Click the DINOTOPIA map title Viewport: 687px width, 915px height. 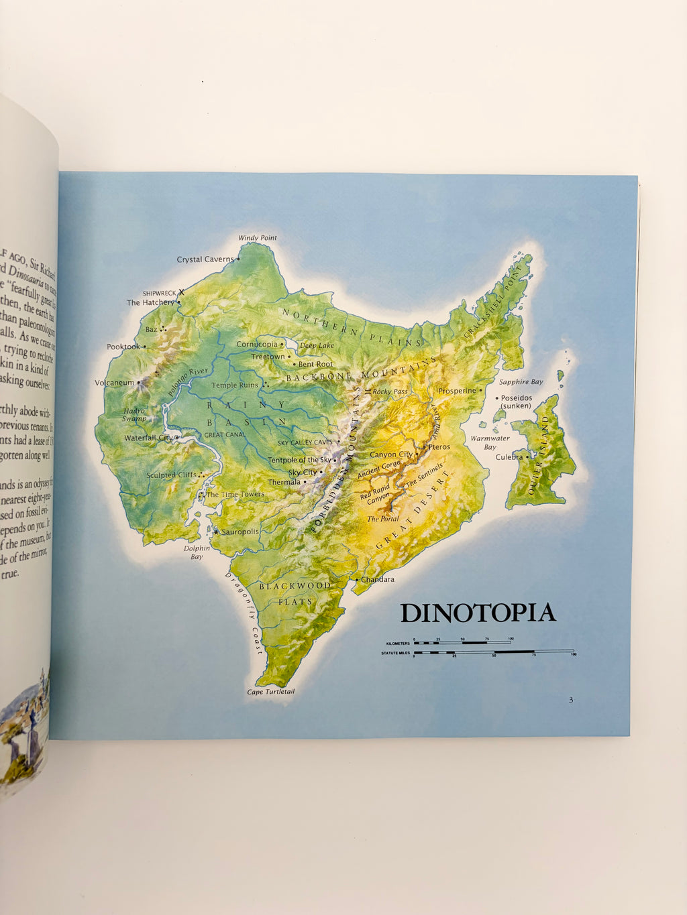pyautogui.click(x=478, y=613)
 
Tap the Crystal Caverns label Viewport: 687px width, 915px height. pyautogui.click(x=205, y=259)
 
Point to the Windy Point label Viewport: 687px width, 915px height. pyautogui.click(x=258, y=238)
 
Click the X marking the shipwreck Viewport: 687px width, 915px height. pyautogui.click(x=181, y=292)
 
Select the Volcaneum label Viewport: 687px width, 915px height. pyautogui.click(x=114, y=383)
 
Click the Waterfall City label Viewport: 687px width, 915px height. pyautogui.click(x=148, y=438)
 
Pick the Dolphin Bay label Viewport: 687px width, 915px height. pyautogui.click(x=197, y=552)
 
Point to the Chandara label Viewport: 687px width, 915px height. pyautogui.click(x=378, y=579)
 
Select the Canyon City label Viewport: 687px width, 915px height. pyautogui.click(x=391, y=454)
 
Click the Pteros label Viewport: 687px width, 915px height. pyautogui.click(x=439, y=446)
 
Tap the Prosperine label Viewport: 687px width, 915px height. pyautogui.click(x=457, y=390)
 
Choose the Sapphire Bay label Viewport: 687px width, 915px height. pyautogui.click(x=521, y=381)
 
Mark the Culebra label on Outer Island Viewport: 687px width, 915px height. pyautogui.click(x=509, y=457)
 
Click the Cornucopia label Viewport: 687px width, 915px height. pyautogui.click(x=256, y=345)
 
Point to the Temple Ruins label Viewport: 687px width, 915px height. pyautogui.click(x=235, y=385)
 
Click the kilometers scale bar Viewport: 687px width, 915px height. pyautogui.click(x=462, y=642)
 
